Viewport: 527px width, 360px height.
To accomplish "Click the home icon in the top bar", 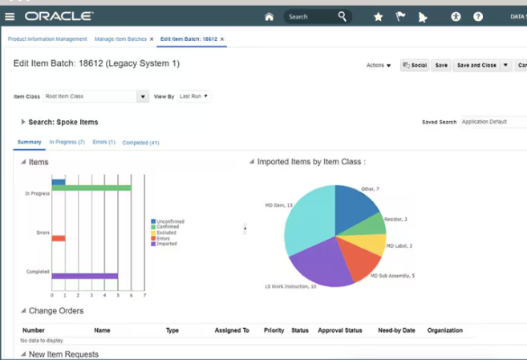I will point(269,16).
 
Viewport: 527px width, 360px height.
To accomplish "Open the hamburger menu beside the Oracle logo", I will point(10,16).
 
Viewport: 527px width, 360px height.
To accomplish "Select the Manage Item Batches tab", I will point(120,38).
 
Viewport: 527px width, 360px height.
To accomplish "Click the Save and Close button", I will point(476,65).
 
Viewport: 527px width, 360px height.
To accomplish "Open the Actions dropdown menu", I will point(379,65).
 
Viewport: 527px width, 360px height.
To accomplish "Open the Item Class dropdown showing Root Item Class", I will point(143,96).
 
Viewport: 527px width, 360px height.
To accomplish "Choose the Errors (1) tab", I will point(103,142).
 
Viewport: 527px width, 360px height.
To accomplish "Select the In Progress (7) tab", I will point(67,142).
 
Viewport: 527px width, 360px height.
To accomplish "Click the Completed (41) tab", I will point(140,142).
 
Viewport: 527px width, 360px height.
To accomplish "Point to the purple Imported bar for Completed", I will point(84,276).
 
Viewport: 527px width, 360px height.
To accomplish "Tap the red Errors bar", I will point(58,238).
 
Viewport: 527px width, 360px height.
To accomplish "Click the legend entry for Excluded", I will point(166,233).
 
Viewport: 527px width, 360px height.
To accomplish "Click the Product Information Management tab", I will point(47,38).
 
